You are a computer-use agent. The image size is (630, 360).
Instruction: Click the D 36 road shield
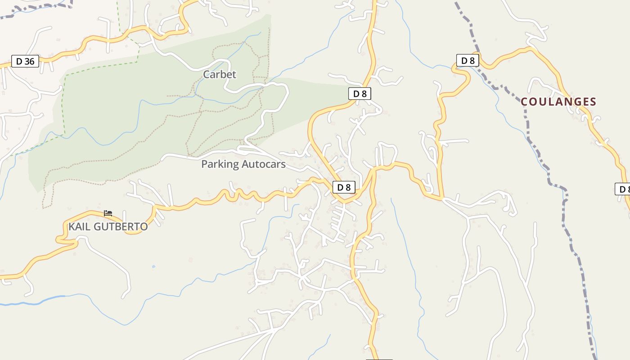tap(25, 61)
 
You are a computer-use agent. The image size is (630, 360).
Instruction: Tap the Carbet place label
tap(220, 74)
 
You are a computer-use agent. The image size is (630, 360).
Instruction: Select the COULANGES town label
tap(558, 102)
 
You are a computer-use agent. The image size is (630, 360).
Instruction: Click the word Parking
tap(220, 164)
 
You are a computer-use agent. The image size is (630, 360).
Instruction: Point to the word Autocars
tap(264, 164)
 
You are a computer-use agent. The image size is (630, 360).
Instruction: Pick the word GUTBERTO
tap(121, 227)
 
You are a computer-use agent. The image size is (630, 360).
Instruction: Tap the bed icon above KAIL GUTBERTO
tap(108, 213)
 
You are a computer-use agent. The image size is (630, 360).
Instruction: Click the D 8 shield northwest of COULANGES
tap(468, 60)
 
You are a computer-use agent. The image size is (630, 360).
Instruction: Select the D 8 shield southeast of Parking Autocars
tap(344, 187)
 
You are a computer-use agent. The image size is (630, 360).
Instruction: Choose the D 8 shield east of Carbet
tap(360, 94)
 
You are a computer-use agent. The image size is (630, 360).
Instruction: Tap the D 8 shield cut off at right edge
tap(623, 189)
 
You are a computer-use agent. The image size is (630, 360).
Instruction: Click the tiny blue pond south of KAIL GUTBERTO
tap(153, 266)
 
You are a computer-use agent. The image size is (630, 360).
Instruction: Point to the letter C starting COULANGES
tap(524, 102)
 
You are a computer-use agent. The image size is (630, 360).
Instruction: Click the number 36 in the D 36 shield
tap(29, 61)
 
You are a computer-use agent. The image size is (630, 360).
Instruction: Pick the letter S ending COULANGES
tap(593, 102)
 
